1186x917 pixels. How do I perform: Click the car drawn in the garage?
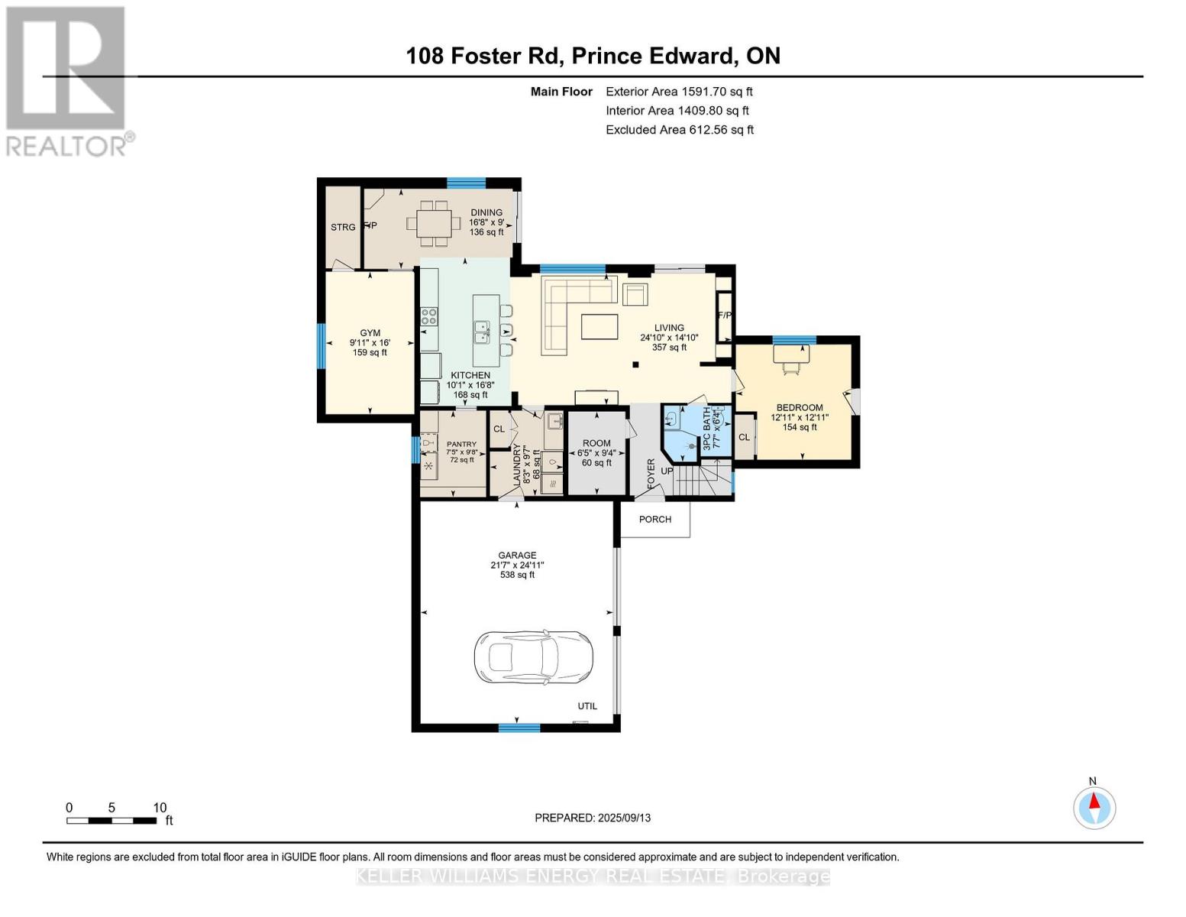click(x=533, y=657)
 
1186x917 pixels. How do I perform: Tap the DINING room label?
click(x=486, y=213)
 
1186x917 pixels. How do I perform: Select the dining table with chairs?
click(x=432, y=223)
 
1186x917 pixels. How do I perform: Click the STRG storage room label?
click(x=343, y=227)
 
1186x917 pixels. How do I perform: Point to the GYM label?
click(x=370, y=333)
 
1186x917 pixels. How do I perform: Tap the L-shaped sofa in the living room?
click(x=569, y=309)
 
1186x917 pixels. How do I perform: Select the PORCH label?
click(x=655, y=520)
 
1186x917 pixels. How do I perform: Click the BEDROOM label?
click(x=800, y=408)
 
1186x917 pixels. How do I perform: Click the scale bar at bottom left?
click(x=111, y=821)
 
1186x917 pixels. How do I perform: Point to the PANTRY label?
click(x=461, y=444)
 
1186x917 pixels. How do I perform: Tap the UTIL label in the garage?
click(x=587, y=706)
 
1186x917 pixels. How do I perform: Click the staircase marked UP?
click(x=695, y=481)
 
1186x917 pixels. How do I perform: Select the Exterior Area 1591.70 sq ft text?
click(x=679, y=92)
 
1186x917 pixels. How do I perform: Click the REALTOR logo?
click(x=66, y=80)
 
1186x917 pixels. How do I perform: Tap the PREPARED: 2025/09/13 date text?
click(x=593, y=818)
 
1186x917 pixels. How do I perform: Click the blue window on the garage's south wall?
click(x=519, y=728)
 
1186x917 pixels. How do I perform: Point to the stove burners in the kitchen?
click(x=429, y=316)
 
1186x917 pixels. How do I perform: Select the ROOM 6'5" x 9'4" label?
click(x=596, y=443)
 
